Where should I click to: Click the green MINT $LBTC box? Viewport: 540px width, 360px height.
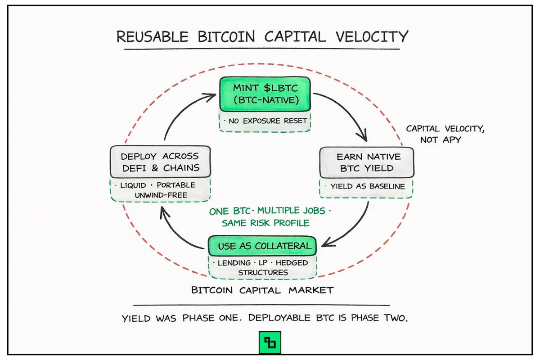(x=265, y=94)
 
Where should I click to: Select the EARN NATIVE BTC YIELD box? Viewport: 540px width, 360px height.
(x=366, y=162)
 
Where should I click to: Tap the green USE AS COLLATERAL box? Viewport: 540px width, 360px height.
(x=262, y=246)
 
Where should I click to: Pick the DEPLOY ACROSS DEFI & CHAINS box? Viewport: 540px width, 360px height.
(x=160, y=162)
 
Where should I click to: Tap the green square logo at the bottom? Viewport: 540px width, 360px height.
(x=270, y=343)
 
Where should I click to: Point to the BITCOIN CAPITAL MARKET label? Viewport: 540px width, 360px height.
(x=262, y=290)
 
